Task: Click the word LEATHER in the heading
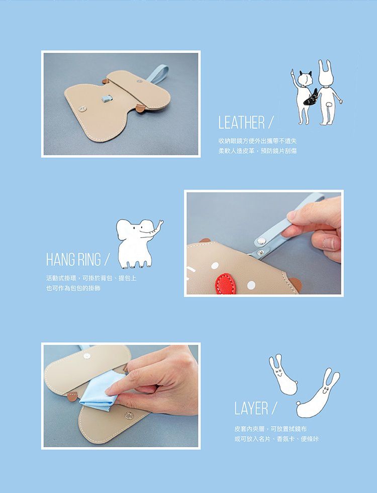pos(242,122)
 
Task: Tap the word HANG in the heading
pos(60,259)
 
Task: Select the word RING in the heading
pos(89,259)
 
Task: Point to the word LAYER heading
pos(251,408)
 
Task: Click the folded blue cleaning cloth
pos(99,390)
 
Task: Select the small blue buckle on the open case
pos(106,99)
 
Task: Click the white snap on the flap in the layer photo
pos(86,356)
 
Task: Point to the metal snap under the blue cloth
pos(129,416)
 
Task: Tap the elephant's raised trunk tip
pos(162,222)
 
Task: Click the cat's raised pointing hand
pos(293,72)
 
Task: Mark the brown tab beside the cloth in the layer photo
pos(72,397)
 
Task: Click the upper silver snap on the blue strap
pos(260,241)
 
